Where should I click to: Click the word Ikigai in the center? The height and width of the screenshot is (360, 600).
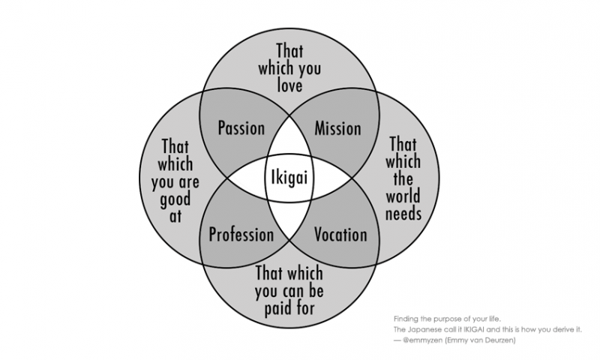click(289, 178)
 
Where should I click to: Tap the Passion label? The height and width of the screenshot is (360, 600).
click(241, 127)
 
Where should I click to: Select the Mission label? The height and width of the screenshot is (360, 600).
click(337, 127)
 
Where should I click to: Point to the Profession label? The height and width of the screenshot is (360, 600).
click(241, 235)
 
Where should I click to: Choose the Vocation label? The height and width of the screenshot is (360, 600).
click(340, 235)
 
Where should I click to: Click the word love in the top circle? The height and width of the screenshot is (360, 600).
click(289, 84)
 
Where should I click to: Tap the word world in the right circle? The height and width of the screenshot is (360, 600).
click(403, 196)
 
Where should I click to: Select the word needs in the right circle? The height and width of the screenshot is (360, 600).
click(403, 214)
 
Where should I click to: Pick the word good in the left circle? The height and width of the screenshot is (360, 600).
click(175, 199)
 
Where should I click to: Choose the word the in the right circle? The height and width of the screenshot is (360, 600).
click(403, 178)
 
